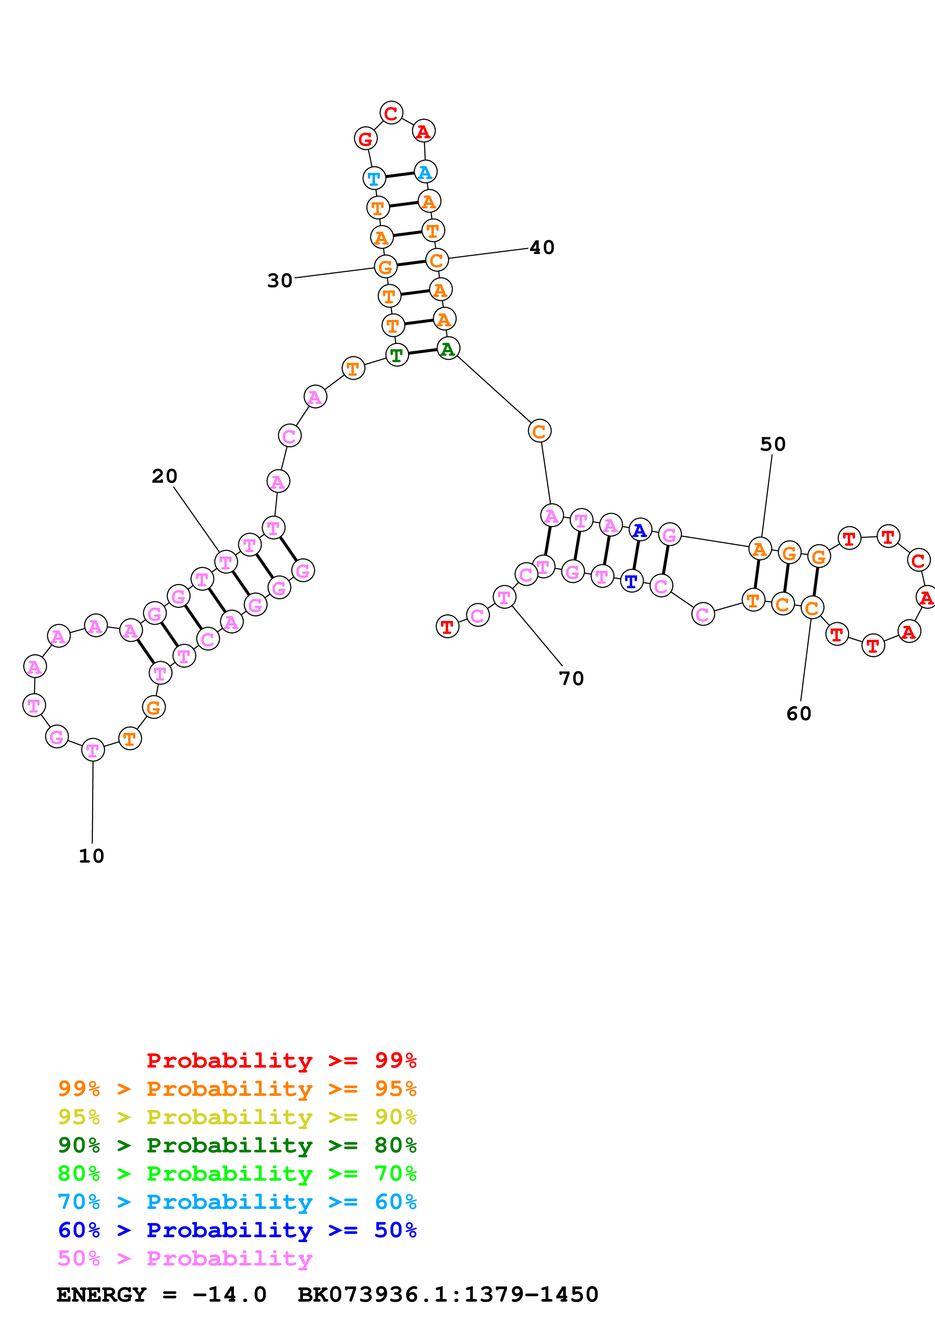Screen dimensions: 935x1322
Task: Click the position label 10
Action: coord(92,856)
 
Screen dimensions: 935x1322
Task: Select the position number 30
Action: coord(280,281)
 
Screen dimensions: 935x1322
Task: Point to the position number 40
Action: coord(542,248)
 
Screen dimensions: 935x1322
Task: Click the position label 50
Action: coord(772,445)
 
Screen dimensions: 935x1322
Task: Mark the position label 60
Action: coord(798,714)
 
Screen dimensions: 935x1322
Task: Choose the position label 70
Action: coord(571,679)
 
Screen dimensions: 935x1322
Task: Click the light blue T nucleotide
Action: coord(374,179)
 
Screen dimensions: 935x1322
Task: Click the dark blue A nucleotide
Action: coord(639,530)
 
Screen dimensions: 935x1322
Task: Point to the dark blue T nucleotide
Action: coord(631,581)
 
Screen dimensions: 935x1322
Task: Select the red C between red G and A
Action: coord(391,113)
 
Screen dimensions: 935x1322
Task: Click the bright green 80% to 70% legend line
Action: coord(237,1174)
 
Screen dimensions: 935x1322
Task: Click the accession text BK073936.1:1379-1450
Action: coord(448,1295)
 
